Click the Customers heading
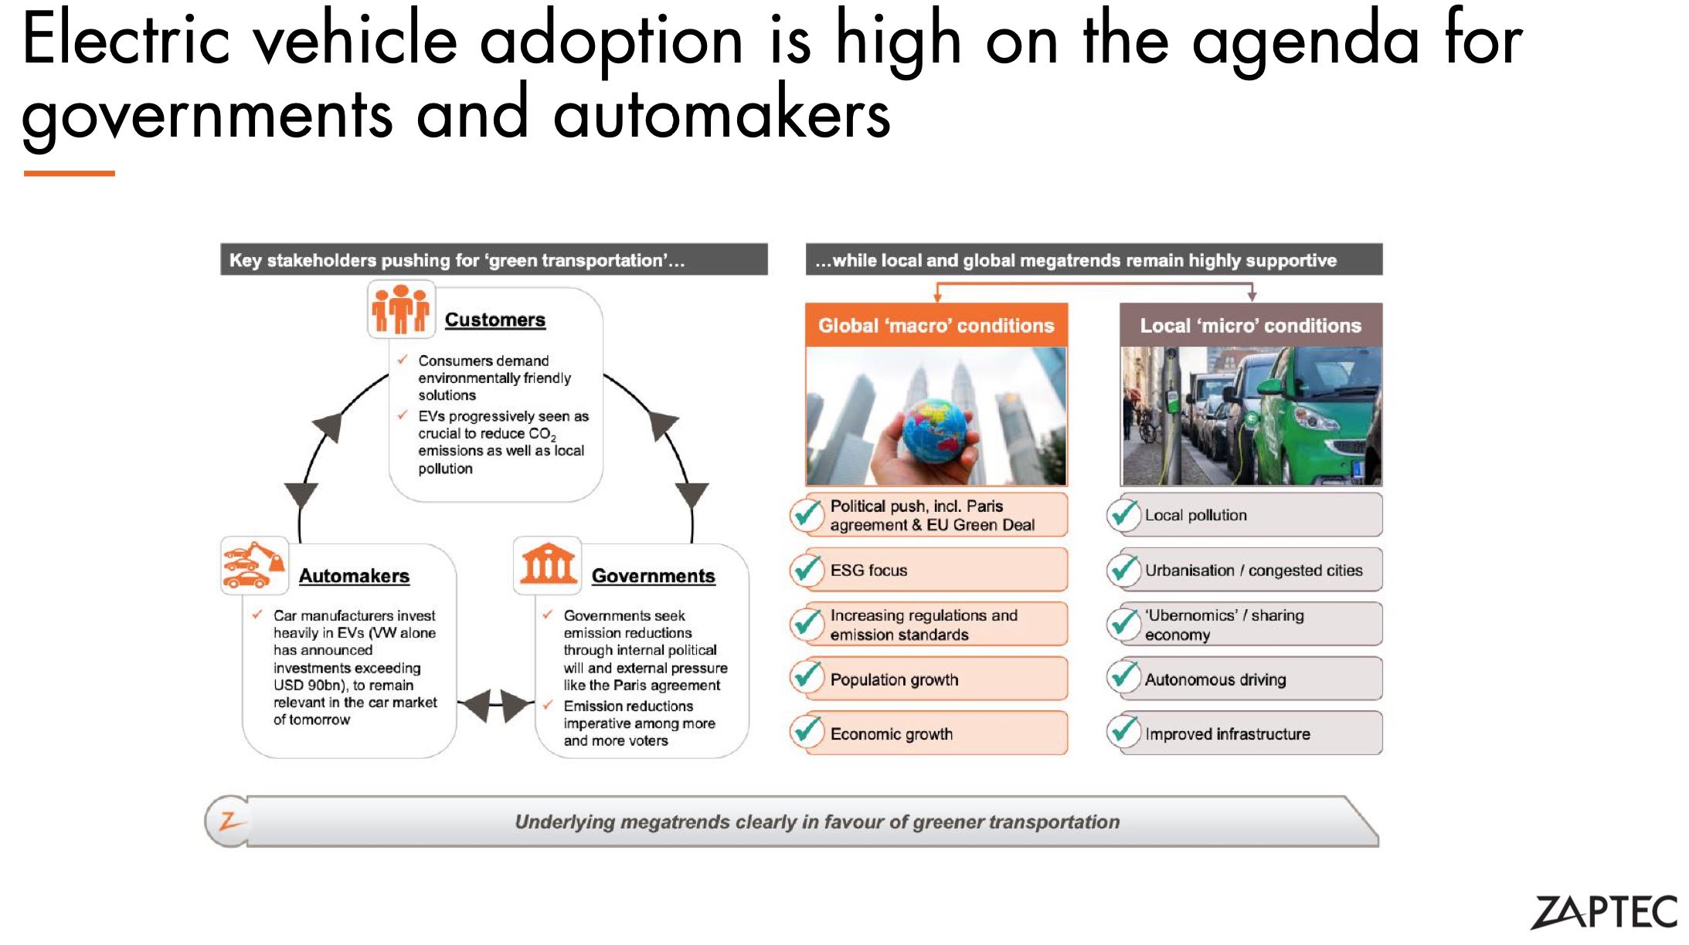(495, 320)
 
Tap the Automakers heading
(354, 576)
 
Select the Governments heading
(654, 576)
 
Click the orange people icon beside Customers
(400, 309)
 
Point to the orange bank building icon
(548, 564)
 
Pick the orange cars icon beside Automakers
(253, 565)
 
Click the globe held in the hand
(935, 430)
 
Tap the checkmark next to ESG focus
(807, 569)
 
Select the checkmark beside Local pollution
(1123, 515)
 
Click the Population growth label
(894, 679)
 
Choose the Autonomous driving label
(1215, 679)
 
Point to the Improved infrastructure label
(1228, 733)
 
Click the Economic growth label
(892, 733)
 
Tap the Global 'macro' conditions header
(936, 325)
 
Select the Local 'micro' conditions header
(1251, 325)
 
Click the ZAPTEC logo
(1604, 912)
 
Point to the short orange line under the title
(70, 173)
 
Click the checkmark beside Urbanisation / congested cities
(1123, 569)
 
